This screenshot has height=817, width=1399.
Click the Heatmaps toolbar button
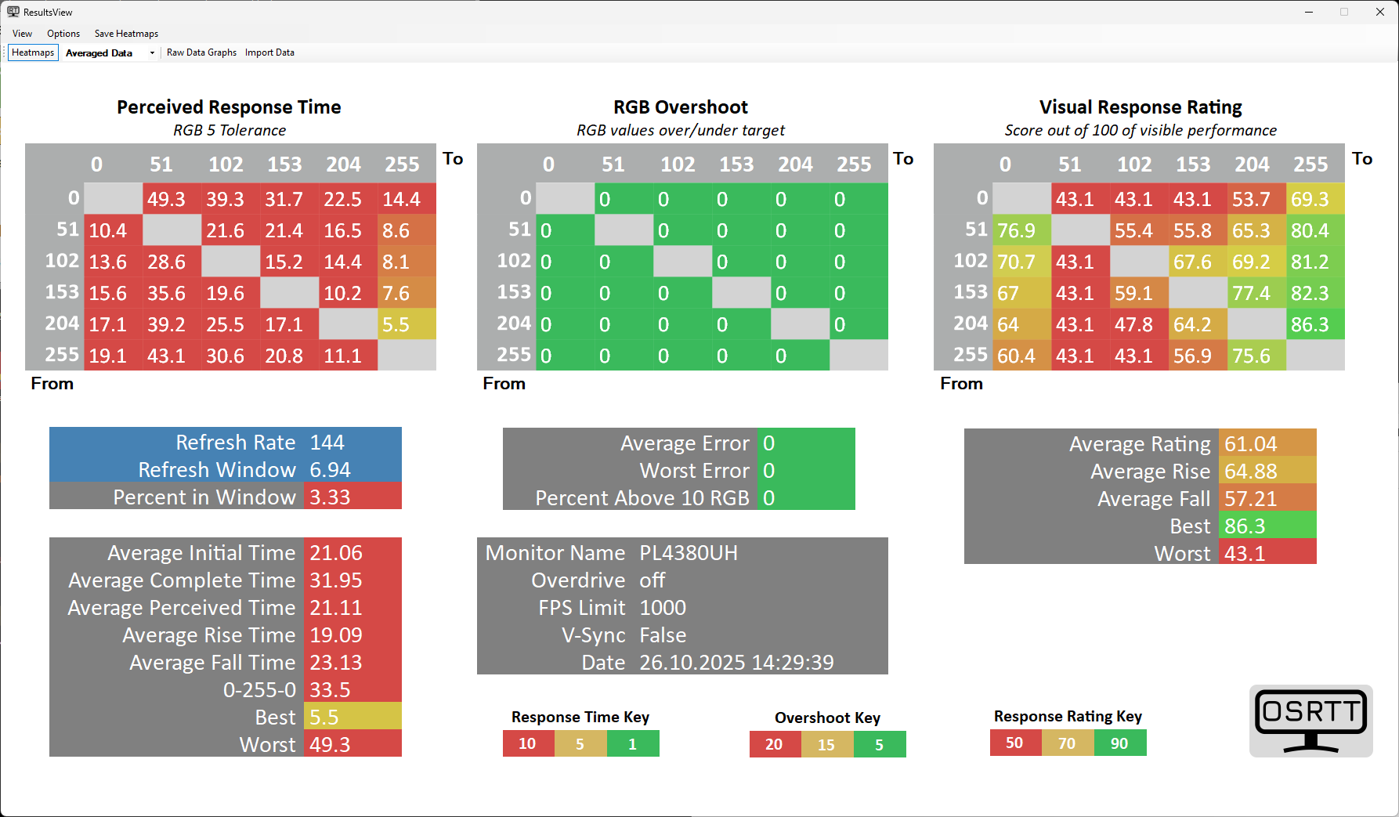(33, 52)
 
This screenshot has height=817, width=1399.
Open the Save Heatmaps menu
(126, 34)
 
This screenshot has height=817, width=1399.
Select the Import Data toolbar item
(269, 52)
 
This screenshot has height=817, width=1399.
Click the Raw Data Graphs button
(201, 52)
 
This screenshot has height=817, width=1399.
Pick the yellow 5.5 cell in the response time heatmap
(407, 324)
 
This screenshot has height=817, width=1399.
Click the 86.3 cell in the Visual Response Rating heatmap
(1315, 324)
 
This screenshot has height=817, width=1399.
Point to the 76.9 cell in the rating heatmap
(1021, 230)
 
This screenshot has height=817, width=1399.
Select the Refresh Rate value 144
(327, 443)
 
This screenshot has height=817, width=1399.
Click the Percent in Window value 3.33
(331, 497)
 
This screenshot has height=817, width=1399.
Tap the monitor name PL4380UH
(689, 553)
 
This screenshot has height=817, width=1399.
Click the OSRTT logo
(1310, 721)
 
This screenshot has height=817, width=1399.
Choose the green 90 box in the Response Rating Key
(1119, 743)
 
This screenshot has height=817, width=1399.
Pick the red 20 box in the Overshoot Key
(774, 744)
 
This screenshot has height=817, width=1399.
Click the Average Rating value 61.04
(1251, 444)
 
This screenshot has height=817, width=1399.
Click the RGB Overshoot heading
(680, 107)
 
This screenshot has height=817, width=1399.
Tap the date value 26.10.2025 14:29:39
(736, 663)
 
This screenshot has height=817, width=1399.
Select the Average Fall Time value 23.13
(336, 663)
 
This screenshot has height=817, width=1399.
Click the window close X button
(1380, 12)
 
